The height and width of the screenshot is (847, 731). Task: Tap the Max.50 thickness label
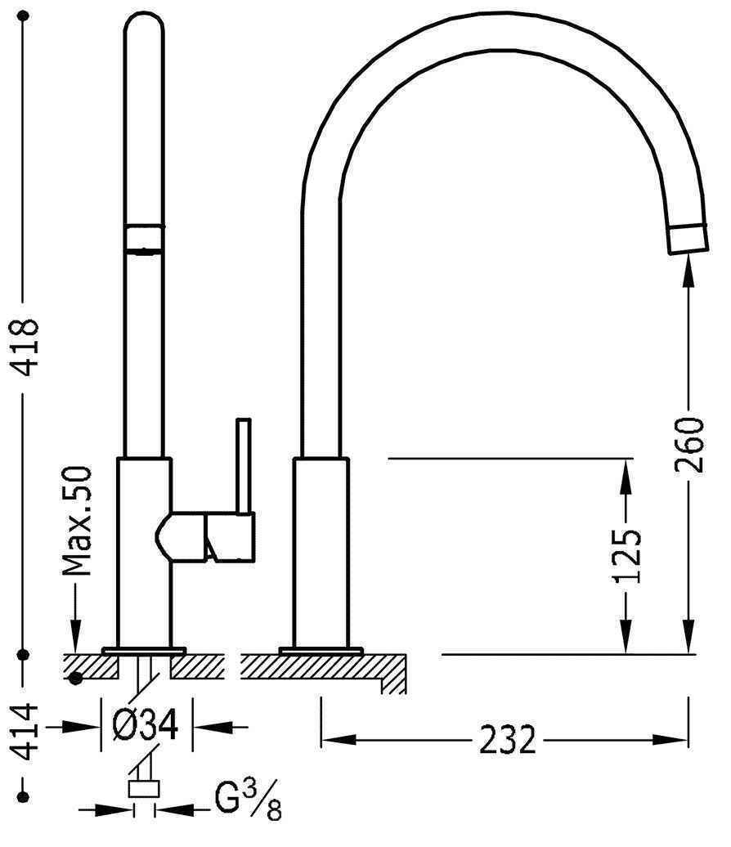tap(77, 521)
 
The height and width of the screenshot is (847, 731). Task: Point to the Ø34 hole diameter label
tap(145, 725)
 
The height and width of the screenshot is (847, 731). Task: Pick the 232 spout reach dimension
tap(507, 740)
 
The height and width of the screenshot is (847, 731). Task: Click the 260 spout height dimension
tap(689, 444)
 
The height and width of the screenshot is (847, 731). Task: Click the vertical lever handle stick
tap(244, 465)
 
